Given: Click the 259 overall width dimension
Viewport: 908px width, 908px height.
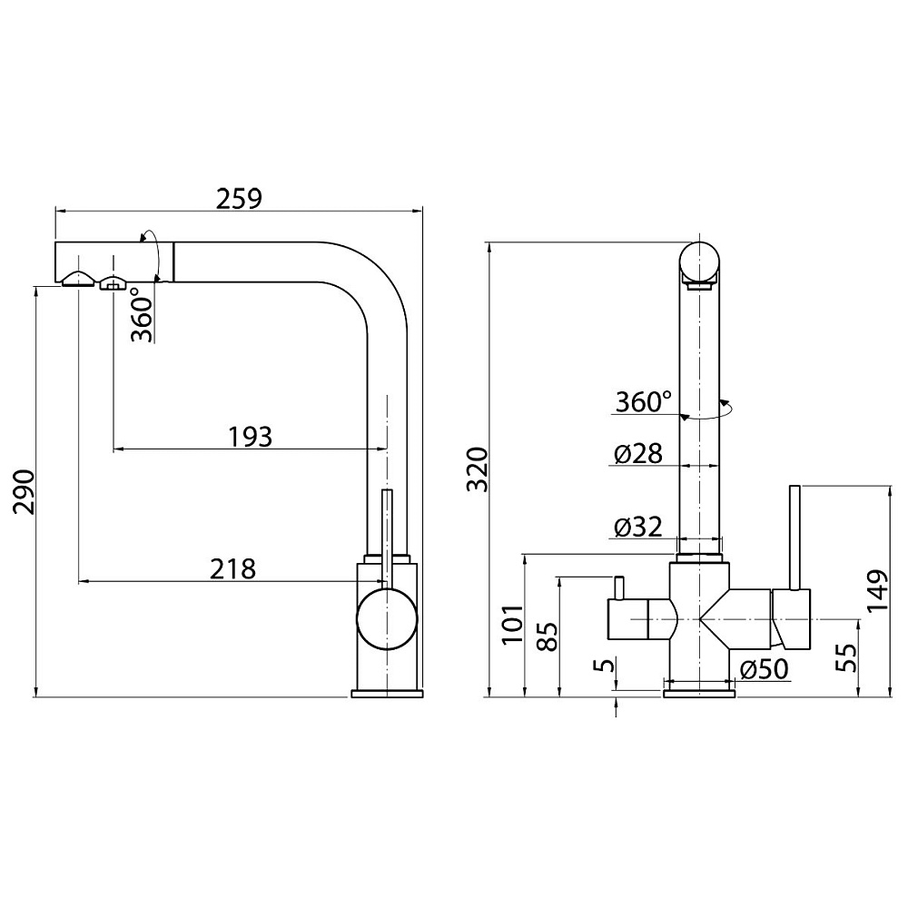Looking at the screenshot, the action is coord(239,199).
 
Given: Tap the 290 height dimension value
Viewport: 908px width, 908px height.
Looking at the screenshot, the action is coord(25,491).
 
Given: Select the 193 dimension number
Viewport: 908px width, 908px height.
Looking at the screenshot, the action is coord(251,437).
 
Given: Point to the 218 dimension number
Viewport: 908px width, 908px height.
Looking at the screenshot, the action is coord(232,568).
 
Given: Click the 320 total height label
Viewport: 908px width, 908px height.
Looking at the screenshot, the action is coord(479,469).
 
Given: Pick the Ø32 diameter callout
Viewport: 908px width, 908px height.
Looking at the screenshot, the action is coord(638,527).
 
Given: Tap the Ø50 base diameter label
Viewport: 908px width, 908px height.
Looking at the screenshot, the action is coord(765,669).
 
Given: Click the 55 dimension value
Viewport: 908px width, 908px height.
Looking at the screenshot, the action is coord(846,657).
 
